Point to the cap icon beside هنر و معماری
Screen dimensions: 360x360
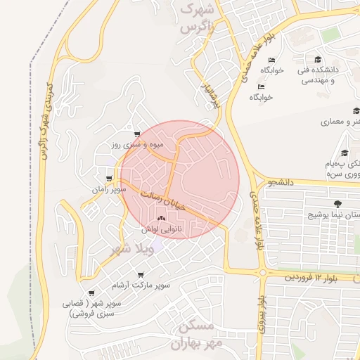[356, 110]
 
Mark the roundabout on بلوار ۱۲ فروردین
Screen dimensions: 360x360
[262, 272]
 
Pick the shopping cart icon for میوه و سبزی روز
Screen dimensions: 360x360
[137, 134]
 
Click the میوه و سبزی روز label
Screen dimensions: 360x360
[137, 145]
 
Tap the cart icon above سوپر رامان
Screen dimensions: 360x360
[108, 179]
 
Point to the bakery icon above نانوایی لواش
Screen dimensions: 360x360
[162, 219]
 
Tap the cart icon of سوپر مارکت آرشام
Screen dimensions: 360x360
[141, 274]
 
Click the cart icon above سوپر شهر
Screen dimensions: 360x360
[91, 293]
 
